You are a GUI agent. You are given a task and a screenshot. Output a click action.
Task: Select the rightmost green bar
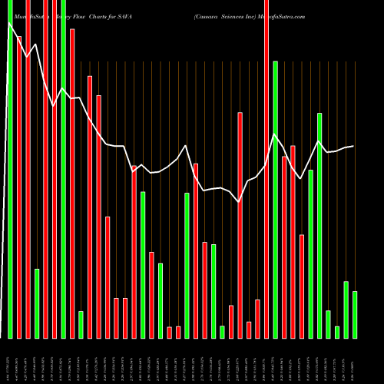click(355, 314)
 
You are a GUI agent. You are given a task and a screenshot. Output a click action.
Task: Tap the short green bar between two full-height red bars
click(37, 303)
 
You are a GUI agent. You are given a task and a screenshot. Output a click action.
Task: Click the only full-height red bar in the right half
click(266, 169)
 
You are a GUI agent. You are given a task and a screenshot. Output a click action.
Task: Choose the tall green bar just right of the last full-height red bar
click(275, 199)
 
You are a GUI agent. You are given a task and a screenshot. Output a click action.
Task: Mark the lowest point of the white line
click(240, 202)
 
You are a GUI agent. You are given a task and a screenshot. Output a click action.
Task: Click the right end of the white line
click(353, 146)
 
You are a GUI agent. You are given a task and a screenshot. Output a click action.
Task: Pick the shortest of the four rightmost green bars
click(336, 332)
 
